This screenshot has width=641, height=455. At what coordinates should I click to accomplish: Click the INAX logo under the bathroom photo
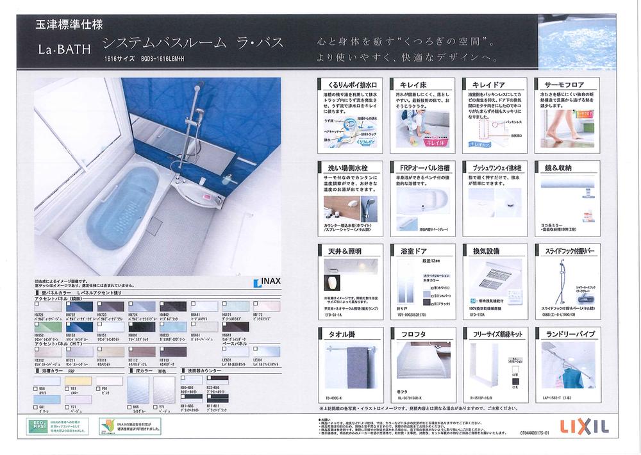coord(267,282)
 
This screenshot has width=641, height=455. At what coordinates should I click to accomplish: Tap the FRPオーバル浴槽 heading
coord(422,168)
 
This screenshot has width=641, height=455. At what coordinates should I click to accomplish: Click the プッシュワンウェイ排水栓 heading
coord(495,168)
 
